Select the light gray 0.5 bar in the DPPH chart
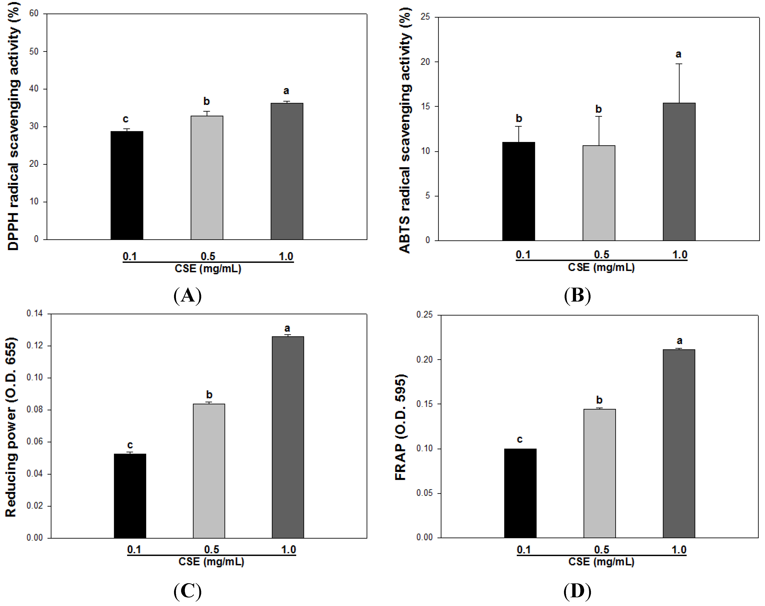click(207, 177)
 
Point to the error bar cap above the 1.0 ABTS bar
click(679, 64)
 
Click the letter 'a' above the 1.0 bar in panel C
click(287, 328)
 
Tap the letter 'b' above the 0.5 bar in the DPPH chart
click(207, 101)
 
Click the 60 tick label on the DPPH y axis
click(34, 13)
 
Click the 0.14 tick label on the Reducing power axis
click(34, 313)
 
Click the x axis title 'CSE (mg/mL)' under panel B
click(601, 267)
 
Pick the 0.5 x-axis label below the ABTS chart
click(601, 255)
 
